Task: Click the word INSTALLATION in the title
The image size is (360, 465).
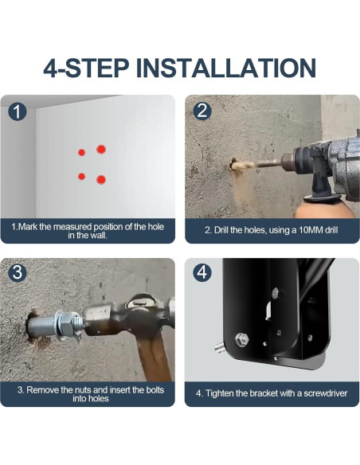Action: point(225,68)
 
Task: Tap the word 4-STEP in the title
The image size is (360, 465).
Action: point(86,68)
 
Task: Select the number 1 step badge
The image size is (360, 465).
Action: point(18,111)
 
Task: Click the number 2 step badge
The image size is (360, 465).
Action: point(202,111)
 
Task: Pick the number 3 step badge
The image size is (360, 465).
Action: point(18,272)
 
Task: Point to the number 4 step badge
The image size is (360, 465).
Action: point(202,272)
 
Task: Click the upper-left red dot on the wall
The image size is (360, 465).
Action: point(81,152)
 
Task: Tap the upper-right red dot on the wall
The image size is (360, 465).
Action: point(101,150)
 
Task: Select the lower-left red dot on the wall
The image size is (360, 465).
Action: point(81,177)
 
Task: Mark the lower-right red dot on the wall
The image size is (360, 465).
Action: point(101,180)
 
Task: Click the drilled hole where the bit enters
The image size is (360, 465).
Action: point(233,163)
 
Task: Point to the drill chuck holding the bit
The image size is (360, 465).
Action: point(288,162)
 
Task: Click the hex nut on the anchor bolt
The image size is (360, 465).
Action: point(66,324)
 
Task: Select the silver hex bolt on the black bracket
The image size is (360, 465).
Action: point(242,340)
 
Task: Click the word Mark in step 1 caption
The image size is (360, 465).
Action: point(28,227)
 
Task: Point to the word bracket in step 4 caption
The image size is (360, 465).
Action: point(264,393)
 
